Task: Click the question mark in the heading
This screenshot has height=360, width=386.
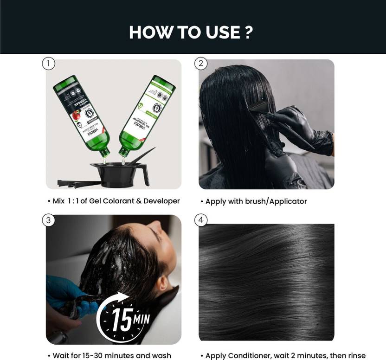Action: pos(248,32)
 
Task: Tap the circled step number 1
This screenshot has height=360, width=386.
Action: pos(49,64)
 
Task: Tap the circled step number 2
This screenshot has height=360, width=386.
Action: pos(201,64)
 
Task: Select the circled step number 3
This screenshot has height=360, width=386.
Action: pos(49,220)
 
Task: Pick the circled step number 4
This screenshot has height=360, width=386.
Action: pos(201,220)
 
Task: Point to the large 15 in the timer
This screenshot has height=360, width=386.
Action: pos(122,321)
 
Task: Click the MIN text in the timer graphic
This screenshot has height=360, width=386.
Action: pos(142,319)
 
